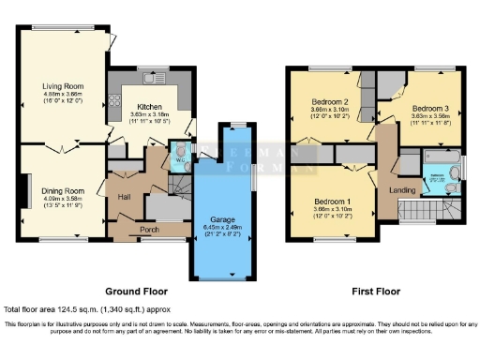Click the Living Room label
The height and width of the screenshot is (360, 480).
[64, 86]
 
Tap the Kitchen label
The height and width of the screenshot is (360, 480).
[149, 107]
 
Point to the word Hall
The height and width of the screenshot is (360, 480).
[124, 196]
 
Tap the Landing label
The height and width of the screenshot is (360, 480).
[402, 192]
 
